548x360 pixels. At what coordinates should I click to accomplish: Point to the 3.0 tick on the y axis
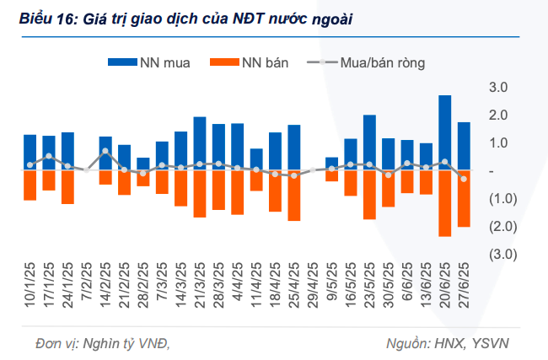pyautogui.click(x=497, y=87)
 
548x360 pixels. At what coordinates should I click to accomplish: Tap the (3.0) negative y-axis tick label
pyautogui.click(x=497, y=254)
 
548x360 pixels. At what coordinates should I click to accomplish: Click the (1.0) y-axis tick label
pyautogui.click(x=497, y=198)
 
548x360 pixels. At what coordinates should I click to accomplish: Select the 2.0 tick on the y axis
pyautogui.click(x=497, y=115)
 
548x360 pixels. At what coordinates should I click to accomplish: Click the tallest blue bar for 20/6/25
pyautogui.click(x=444, y=132)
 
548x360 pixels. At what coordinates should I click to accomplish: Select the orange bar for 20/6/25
pyautogui.click(x=444, y=203)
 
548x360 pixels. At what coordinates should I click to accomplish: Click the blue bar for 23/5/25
pyautogui.click(x=369, y=142)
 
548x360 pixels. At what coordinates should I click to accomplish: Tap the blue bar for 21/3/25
pyautogui.click(x=200, y=143)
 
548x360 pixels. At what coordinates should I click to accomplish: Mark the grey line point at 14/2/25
pyautogui.click(x=105, y=152)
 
